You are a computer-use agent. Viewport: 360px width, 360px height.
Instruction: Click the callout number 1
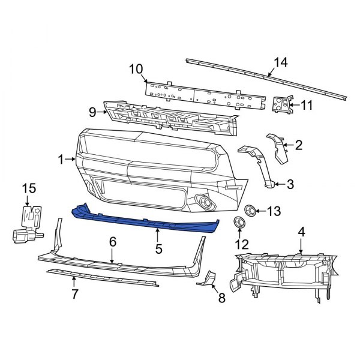[61, 159]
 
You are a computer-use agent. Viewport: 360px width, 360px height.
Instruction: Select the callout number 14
[281, 62]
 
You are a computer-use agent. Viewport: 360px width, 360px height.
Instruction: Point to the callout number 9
[92, 110]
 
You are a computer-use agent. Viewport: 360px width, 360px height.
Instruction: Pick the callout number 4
[302, 230]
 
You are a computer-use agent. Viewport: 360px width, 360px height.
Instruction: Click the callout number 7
[74, 293]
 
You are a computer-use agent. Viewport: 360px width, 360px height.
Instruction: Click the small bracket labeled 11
[281, 104]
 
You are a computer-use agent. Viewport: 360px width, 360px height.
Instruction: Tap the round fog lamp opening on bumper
[205, 205]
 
